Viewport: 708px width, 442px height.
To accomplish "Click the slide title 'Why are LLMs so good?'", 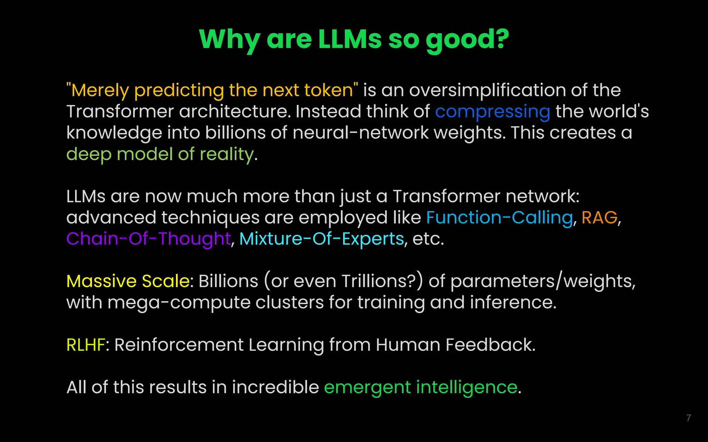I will coord(354,39).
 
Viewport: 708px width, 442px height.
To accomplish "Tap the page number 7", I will coord(688,418).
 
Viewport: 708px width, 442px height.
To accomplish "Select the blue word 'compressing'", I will coord(492,112).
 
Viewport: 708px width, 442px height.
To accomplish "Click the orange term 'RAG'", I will coord(599,218).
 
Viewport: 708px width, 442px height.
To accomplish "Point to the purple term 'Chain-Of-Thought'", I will coord(148,239).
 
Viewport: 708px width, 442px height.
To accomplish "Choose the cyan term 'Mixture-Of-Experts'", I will coord(322,239).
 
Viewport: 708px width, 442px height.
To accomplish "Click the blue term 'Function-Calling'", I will coord(499,218).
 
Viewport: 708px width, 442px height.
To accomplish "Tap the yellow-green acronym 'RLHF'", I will coord(86,345).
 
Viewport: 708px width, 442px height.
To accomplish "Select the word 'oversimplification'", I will coord(487,90).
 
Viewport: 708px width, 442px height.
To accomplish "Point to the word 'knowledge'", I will coord(114,133).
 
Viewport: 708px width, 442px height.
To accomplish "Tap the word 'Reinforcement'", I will coord(179,345).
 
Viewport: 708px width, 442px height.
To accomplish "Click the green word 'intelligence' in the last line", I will coord(466,387).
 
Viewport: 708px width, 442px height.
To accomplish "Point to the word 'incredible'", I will coord(275,387).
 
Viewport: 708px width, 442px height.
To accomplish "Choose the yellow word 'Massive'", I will coord(102,281).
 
